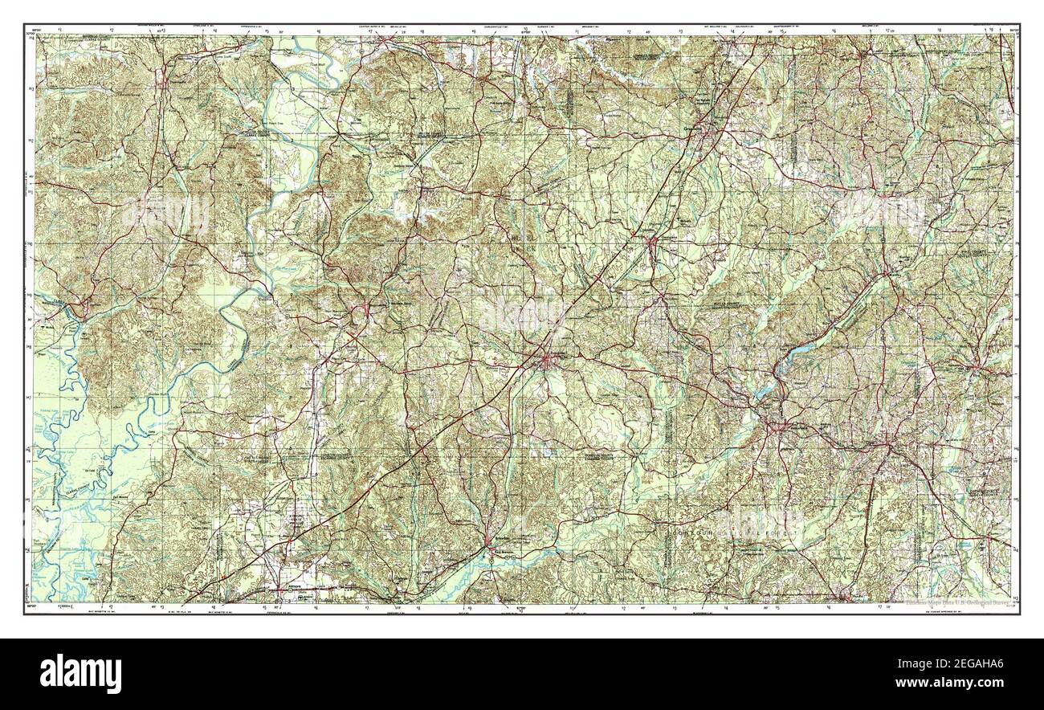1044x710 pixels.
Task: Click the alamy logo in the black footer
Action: click(x=80, y=673)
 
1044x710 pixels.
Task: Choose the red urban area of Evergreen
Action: click(x=549, y=361)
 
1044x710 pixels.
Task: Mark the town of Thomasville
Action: click(x=164, y=80)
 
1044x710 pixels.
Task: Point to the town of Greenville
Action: click(x=707, y=129)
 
